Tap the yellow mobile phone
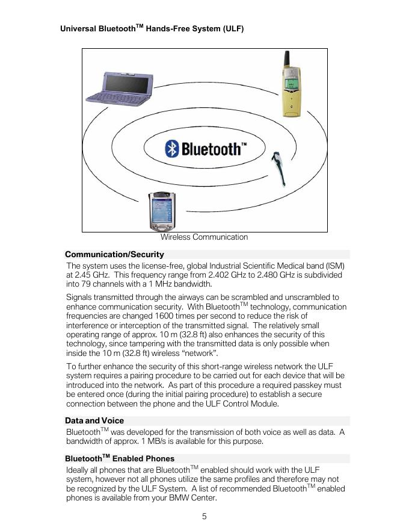click(x=291, y=90)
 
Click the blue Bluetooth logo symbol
click(x=172, y=149)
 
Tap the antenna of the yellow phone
click(x=288, y=61)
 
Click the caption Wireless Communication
click(x=204, y=237)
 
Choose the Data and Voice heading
click(x=94, y=420)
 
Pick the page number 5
click(x=204, y=516)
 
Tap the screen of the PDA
click(x=162, y=210)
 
